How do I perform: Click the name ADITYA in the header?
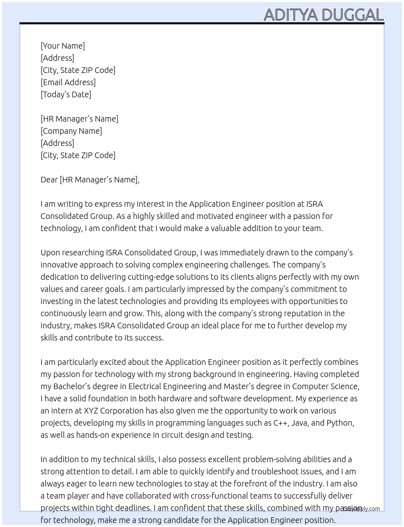[x=291, y=15]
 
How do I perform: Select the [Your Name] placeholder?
[x=63, y=46]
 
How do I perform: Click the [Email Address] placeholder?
[x=68, y=82]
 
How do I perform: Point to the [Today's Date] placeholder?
[x=66, y=94]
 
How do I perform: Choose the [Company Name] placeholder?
[x=71, y=131]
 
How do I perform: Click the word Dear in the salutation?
[x=49, y=180]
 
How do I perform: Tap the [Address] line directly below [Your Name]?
[x=57, y=58]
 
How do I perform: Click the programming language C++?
[x=280, y=423]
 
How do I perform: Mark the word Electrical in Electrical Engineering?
[x=145, y=386]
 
